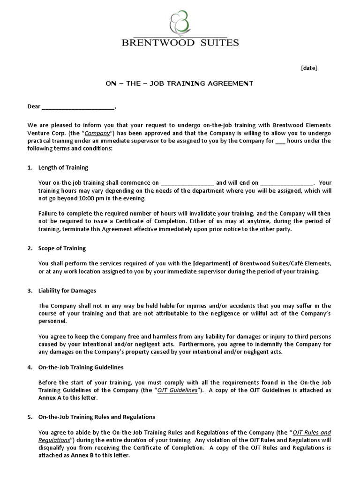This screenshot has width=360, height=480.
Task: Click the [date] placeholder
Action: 308,68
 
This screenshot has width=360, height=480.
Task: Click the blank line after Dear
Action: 78,106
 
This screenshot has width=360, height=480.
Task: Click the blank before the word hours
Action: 280,141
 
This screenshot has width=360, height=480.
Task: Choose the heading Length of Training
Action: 63,167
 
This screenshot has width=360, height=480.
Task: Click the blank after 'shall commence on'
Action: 187,183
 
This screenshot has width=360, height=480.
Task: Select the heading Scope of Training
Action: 62,248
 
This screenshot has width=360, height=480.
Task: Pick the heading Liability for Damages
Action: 67,291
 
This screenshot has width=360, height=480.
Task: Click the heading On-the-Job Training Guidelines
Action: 81,367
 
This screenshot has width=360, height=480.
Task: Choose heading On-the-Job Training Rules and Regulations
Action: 97,417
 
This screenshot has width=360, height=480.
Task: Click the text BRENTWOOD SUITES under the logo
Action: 180,43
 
